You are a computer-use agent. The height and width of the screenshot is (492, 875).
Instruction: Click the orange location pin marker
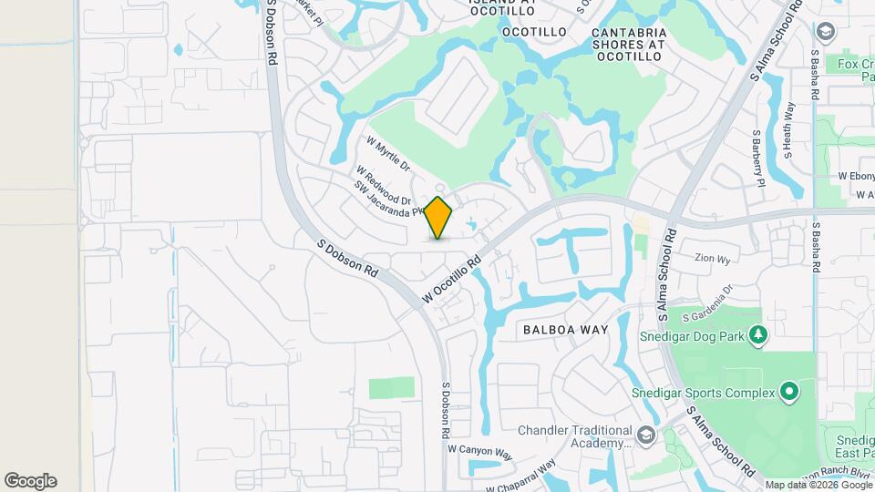coord(438,218)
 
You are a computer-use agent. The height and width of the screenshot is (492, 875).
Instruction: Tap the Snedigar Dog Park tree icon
coord(756,336)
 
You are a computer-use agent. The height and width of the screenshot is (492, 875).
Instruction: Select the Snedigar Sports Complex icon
coord(789,393)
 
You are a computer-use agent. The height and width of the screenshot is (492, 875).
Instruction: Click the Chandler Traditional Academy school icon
coord(646,434)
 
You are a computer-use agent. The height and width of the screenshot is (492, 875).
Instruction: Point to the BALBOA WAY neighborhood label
coord(560,329)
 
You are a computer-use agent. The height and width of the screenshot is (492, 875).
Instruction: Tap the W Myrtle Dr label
coord(388,155)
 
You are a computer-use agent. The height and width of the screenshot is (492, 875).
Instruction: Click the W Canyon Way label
coord(480,450)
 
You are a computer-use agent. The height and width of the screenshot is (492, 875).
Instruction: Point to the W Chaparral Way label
coord(521,477)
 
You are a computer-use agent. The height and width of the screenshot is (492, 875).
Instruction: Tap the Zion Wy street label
coord(712,259)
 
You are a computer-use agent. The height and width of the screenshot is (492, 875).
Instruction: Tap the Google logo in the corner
coord(30,481)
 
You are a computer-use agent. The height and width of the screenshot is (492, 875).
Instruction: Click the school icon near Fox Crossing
coord(826,33)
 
